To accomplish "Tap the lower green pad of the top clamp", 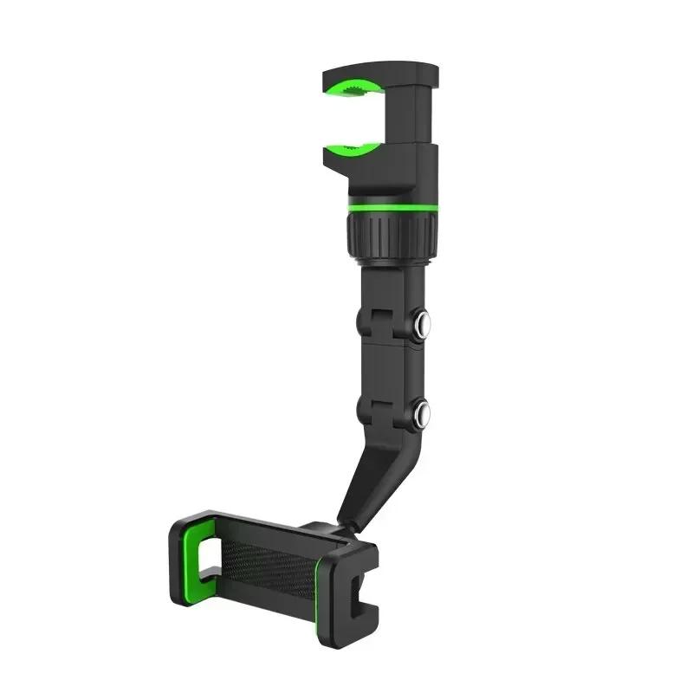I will pyautogui.click(x=350, y=148).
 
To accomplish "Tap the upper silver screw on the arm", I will pyautogui.click(x=423, y=325).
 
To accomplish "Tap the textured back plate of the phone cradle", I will pyautogui.click(x=269, y=563).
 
